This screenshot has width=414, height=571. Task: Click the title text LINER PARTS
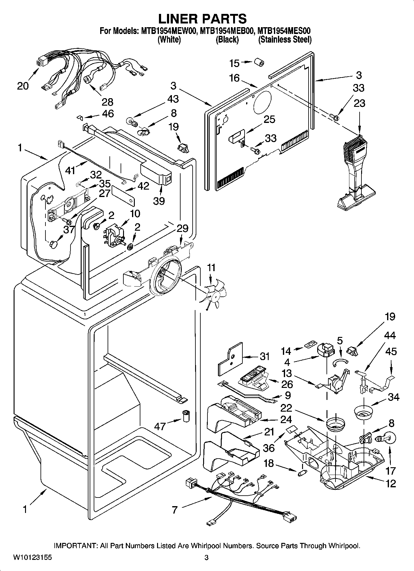click(203, 19)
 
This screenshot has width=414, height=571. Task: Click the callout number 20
click(23, 86)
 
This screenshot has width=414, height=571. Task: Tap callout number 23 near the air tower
click(359, 103)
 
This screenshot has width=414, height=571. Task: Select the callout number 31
click(265, 356)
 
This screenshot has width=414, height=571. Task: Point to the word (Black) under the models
click(227, 40)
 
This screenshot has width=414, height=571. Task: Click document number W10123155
click(32, 558)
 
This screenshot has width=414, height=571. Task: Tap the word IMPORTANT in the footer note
click(76, 546)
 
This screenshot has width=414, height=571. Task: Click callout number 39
click(159, 201)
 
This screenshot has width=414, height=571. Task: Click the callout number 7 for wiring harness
click(175, 510)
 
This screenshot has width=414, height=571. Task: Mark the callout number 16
click(234, 78)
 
